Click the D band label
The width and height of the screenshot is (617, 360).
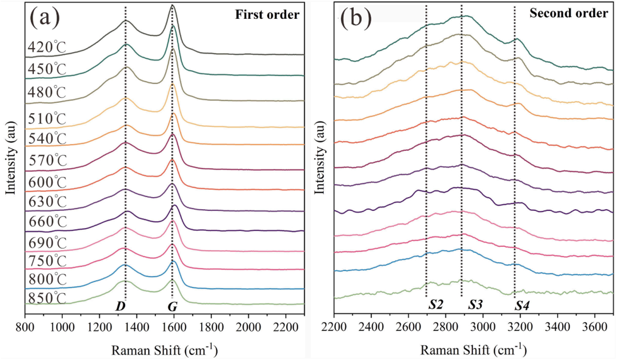click(x=121, y=307)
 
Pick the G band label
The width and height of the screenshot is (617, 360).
click(x=172, y=307)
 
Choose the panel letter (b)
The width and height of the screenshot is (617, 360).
click(x=356, y=18)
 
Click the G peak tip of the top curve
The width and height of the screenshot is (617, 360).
click(x=173, y=6)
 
